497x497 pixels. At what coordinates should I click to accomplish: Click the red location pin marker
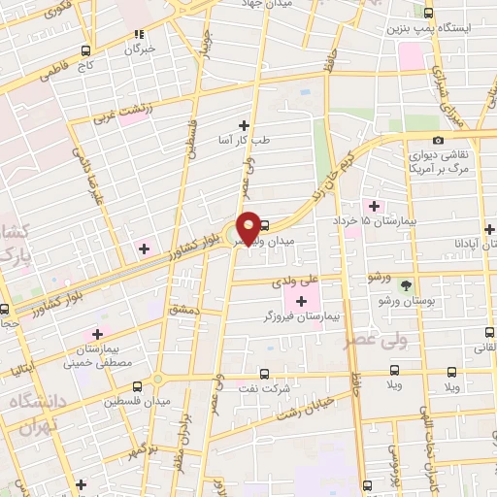[248, 227]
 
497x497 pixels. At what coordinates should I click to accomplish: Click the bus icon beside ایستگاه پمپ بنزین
[429, 13]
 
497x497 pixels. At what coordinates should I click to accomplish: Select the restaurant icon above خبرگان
[140, 32]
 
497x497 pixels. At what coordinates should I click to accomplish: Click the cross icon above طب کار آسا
[244, 125]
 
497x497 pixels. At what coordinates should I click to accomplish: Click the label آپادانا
[461, 242]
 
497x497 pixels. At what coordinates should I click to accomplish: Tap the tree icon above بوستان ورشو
[405, 285]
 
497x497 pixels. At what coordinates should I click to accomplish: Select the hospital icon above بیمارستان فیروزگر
[302, 298]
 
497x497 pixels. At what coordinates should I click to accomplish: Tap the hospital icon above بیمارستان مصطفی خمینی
[96, 333]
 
